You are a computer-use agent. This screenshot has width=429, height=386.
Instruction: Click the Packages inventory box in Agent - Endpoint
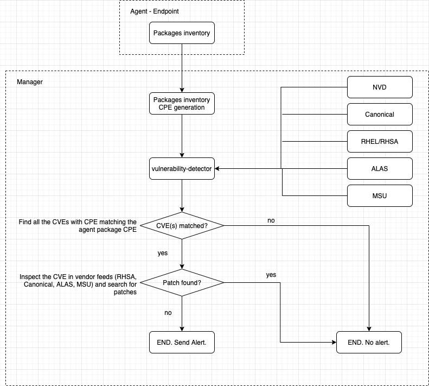[182, 33]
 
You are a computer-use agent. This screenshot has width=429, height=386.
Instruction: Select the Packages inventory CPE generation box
[182, 103]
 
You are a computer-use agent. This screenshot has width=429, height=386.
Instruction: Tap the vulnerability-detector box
[182, 168]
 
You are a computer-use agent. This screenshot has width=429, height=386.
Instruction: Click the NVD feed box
[380, 87]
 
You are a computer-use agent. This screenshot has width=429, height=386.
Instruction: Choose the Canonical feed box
[380, 115]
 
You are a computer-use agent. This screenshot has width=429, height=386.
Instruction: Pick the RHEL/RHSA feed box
[380, 142]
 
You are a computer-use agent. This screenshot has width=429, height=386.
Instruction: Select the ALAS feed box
[380, 168]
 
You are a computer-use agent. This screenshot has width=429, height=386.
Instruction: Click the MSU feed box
[380, 195]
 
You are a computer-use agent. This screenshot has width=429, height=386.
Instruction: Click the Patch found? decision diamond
[182, 282]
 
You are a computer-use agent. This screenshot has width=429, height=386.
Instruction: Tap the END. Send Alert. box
[182, 343]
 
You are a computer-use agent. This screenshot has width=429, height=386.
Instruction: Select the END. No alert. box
[369, 343]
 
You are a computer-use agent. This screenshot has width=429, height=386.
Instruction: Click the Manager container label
[30, 82]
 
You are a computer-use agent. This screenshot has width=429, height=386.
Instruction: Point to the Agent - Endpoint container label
[155, 11]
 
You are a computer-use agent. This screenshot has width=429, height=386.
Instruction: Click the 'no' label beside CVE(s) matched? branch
[271, 220]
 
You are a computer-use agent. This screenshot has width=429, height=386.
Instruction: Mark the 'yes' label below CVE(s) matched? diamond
[162, 253]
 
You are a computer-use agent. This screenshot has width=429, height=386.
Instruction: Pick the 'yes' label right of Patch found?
[271, 275]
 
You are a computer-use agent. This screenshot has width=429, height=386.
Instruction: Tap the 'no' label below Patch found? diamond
[168, 313]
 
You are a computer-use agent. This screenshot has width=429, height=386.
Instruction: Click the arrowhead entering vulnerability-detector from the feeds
[218, 168]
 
